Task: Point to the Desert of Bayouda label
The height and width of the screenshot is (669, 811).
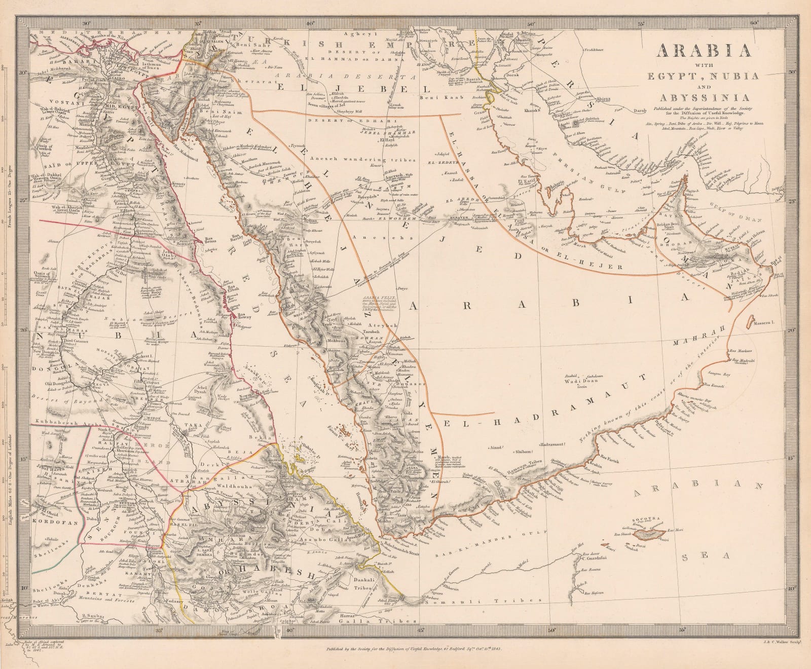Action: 56,400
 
